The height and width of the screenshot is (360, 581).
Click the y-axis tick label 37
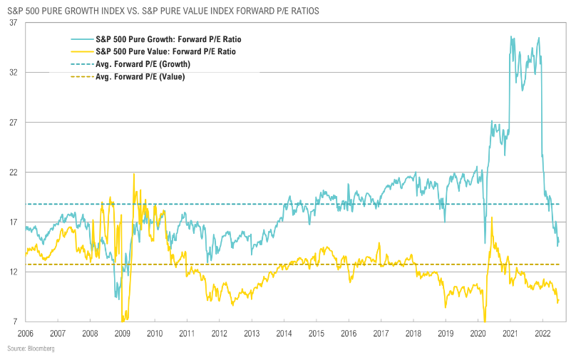click(x=13, y=23)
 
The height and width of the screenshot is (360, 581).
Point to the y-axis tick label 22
click(x=13, y=173)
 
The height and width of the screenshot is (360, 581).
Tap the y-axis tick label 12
click(x=13, y=272)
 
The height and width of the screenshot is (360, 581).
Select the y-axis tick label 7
click(x=15, y=322)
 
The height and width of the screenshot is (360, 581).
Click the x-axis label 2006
click(x=25, y=333)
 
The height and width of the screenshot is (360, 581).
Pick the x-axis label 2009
click(x=122, y=333)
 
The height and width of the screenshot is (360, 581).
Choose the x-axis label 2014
click(x=284, y=333)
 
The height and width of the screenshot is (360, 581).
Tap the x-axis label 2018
click(x=413, y=333)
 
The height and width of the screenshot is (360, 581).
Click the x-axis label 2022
click(x=542, y=333)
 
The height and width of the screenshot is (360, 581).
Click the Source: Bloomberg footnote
click(x=31, y=349)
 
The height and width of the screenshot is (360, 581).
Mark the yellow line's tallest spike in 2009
click(x=134, y=174)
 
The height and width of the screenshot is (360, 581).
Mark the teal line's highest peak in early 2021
click(x=511, y=36)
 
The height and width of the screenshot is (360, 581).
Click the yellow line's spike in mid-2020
click(x=492, y=217)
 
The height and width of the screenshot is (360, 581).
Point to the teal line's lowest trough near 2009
click(x=118, y=298)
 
